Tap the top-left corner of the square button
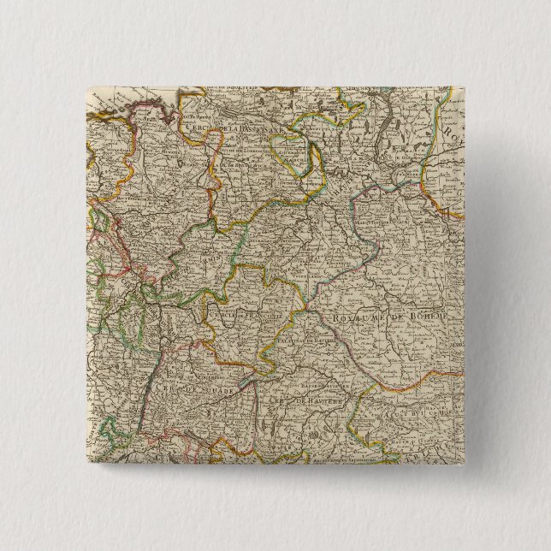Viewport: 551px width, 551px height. coord(85,85)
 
